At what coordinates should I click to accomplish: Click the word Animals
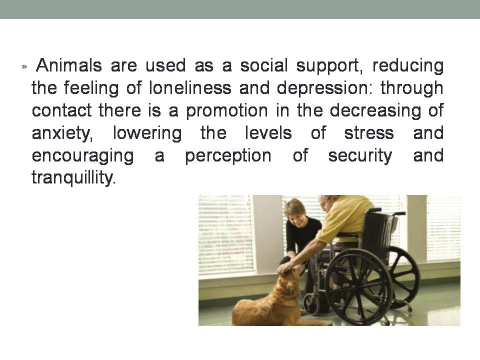pos(69,65)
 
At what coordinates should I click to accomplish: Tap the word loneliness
pos(190,88)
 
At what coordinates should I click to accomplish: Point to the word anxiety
pos(62,133)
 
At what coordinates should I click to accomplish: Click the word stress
pos(369,133)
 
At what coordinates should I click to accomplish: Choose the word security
pos(360,156)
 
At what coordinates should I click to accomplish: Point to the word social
pos(264,65)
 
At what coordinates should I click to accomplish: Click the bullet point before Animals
pos(25,66)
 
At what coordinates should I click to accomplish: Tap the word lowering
pos(147,133)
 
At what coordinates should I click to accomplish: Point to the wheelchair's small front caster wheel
pos(311,304)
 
